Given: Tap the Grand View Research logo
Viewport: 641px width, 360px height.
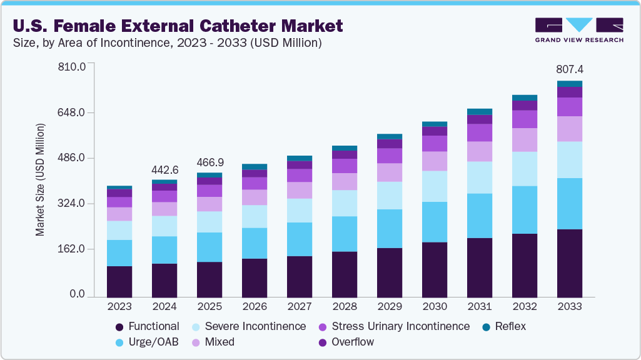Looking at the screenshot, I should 578,29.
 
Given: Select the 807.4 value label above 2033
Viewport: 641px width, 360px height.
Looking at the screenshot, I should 570,69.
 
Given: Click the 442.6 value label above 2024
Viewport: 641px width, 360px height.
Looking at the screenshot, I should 164,169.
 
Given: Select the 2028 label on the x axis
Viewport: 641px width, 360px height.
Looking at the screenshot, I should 345,307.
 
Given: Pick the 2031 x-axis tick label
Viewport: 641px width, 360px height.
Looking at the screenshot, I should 480,307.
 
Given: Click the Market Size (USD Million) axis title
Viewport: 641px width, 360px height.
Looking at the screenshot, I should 40,179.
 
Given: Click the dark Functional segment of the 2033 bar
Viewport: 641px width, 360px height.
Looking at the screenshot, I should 570,262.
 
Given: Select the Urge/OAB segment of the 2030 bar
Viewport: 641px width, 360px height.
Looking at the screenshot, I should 435,222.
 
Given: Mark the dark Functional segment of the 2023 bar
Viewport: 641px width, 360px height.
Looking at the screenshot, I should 119,281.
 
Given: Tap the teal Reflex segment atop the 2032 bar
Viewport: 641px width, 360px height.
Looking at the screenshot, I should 525,97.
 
